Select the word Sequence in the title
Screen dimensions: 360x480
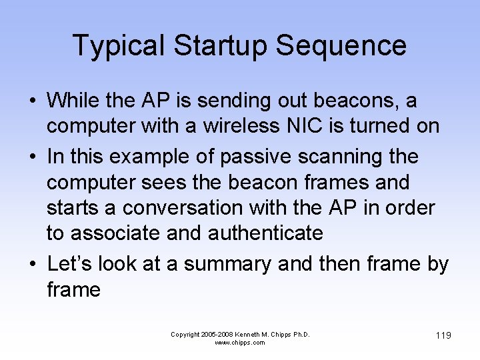coord(341,45)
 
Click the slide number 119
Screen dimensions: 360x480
coord(443,335)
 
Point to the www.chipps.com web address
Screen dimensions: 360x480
coord(240,343)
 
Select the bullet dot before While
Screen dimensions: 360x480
coord(32,101)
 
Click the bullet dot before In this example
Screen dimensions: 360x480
coord(32,157)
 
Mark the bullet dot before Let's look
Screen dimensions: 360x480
coord(32,265)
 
